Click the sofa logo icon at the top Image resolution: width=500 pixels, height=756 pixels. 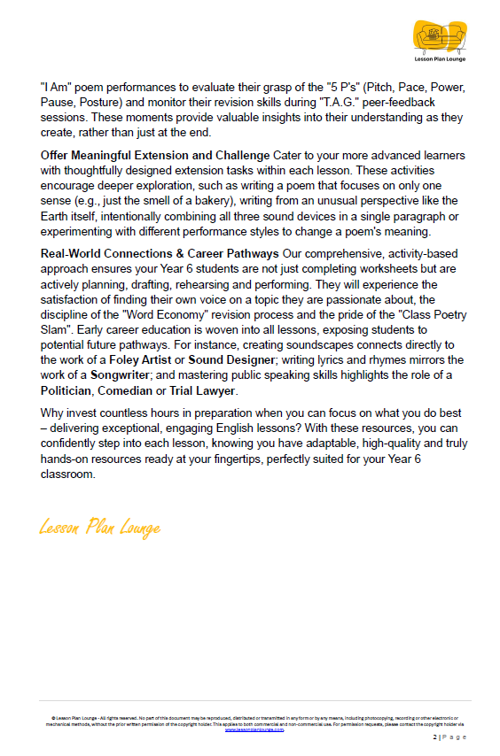(439, 36)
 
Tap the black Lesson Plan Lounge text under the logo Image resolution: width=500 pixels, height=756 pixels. (439, 59)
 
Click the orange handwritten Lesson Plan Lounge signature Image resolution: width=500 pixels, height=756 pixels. (99, 528)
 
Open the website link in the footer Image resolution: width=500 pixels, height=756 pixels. (254, 729)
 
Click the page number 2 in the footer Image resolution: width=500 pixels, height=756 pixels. (434, 737)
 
